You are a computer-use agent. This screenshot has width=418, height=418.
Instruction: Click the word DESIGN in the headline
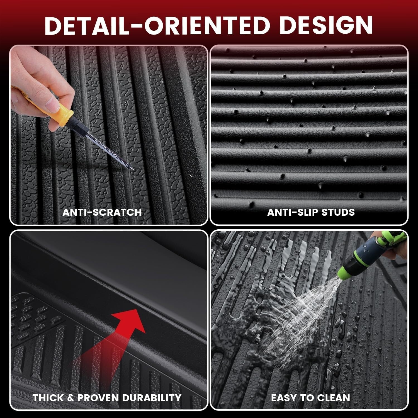[x=326, y=25]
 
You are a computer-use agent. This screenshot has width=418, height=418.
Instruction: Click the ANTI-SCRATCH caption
[x=102, y=212]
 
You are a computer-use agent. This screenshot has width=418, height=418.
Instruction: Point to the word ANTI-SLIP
[x=292, y=212]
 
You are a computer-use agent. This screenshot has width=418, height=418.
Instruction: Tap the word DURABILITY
[x=152, y=398]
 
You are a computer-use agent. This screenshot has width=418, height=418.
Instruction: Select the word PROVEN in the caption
[x=98, y=398]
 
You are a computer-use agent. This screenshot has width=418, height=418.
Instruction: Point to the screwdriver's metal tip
[x=132, y=169]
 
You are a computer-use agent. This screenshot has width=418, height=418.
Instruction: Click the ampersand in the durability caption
[x=71, y=398]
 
